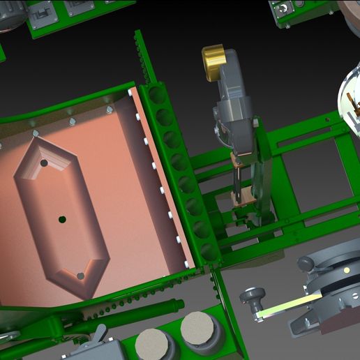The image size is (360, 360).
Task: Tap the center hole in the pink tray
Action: pos(62,219)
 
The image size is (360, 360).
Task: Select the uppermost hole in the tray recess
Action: pos(44,163)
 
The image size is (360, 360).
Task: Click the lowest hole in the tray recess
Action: pos(80,276)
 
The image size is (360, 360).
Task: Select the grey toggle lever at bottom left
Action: pos(100,337)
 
